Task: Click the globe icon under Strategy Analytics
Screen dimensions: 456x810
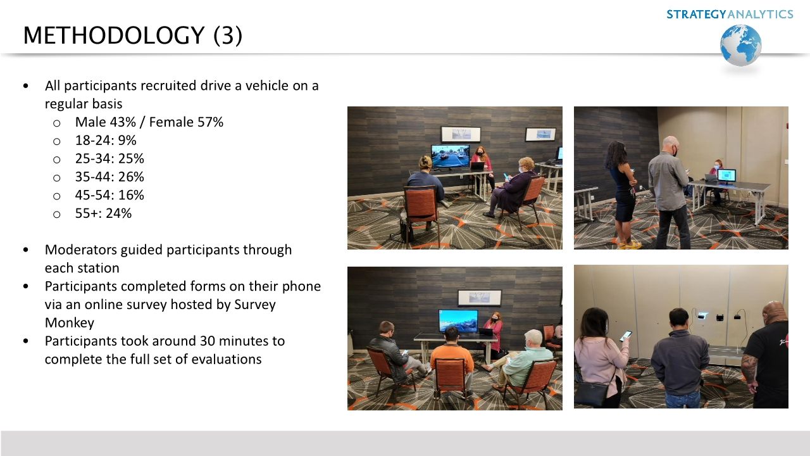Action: tap(740, 45)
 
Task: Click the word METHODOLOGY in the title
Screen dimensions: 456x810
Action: tap(113, 35)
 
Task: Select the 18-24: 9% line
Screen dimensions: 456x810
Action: tap(106, 140)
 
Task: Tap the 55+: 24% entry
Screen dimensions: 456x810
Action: tap(103, 213)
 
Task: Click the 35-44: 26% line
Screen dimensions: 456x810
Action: tap(109, 177)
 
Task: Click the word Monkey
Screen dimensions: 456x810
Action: tap(70, 322)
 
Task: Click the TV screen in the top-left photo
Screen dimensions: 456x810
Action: tap(450, 156)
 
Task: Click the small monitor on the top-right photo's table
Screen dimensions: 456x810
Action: tap(726, 175)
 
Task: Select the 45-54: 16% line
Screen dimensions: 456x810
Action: tap(109, 195)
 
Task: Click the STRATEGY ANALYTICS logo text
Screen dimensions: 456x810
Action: tap(729, 14)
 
